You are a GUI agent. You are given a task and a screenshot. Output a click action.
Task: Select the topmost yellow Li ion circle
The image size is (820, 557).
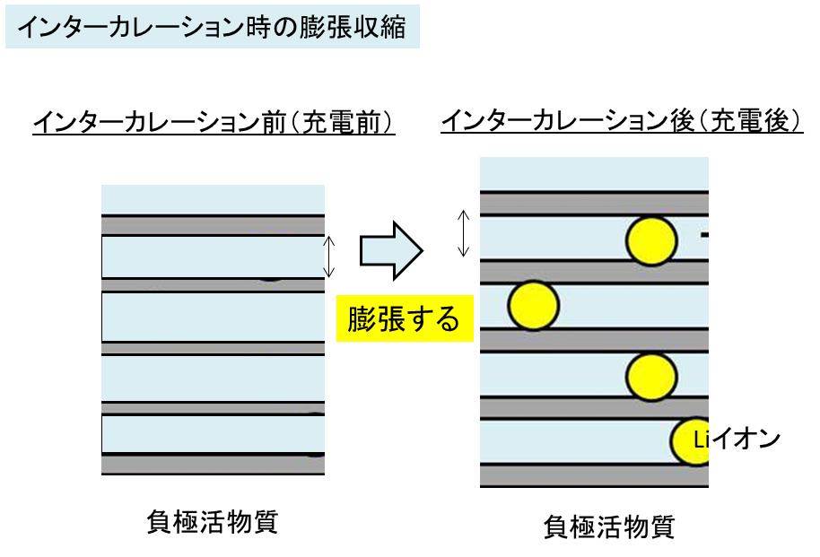[x=651, y=240]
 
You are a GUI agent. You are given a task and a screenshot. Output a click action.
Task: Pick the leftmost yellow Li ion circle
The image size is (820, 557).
[x=533, y=304]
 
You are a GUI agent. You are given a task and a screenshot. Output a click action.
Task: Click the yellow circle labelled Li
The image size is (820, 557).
[x=694, y=441]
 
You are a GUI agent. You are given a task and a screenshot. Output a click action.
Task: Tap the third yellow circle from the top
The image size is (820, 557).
[x=651, y=375]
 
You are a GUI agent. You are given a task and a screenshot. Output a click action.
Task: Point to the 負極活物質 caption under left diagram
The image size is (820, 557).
[x=212, y=522]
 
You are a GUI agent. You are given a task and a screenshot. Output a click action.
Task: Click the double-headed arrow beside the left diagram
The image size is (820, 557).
[x=329, y=256]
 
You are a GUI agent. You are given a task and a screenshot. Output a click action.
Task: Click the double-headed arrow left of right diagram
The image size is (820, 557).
[x=463, y=233]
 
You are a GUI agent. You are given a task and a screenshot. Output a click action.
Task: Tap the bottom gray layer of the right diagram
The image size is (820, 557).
[x=594, y=475]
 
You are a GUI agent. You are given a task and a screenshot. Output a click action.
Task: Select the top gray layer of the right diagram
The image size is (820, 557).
[x=594, y=204]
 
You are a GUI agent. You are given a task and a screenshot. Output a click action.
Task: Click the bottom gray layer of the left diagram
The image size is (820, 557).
[x=213, y=464]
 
